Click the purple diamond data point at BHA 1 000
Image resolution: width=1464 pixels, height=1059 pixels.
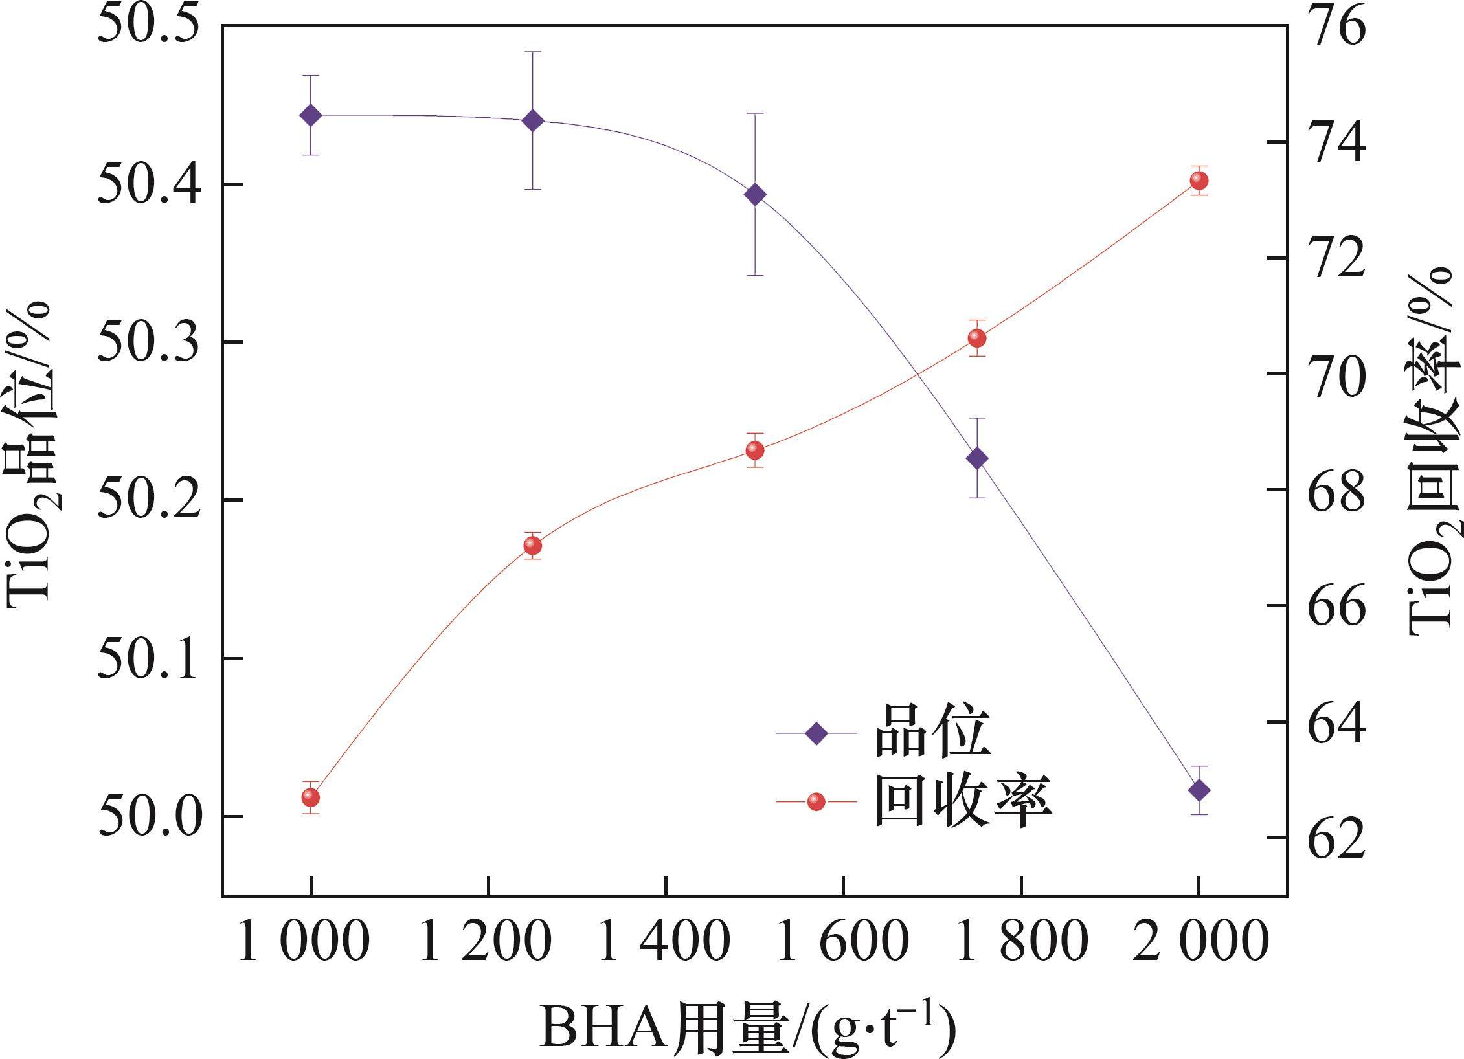point(311,116)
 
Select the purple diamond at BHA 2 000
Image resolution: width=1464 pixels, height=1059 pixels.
point(1199,790)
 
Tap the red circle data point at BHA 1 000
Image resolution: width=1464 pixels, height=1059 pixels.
point(311,797)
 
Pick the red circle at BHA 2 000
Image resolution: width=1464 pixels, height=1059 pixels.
point(1199,181)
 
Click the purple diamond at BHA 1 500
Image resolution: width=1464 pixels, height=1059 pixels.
point(755,194)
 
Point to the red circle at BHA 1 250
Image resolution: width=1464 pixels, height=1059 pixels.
point(532,546)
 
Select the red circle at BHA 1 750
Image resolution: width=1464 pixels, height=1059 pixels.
point(977,338)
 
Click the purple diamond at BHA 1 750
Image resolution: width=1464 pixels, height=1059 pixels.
point(977,458)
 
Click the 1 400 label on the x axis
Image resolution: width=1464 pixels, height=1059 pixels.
point(666,944)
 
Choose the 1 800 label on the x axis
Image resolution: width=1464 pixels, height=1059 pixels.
point(1022,944)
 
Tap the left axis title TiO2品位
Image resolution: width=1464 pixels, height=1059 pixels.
point(29,453)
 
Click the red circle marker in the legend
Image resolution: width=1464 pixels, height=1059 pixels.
point(816,802)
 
